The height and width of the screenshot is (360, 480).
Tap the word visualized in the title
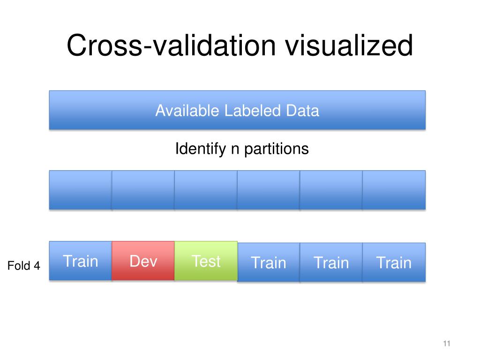coord(349,46)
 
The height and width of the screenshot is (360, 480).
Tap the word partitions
coord(277,149)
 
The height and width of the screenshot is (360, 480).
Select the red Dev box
coord(143,261)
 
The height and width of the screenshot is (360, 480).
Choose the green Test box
coord(206,261)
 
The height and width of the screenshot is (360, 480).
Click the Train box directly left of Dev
coord(81,261)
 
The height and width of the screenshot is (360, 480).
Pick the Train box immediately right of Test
coord(269,262)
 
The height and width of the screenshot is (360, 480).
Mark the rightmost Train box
coord(394,262)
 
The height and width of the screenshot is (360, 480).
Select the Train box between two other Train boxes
coord(331,262)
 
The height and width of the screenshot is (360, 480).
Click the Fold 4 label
coord(24,266)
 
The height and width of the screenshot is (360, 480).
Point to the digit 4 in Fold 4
coord(37,266)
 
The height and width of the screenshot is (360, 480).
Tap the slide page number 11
coord(446,344)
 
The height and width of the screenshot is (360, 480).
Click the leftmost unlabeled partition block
coord(81,189)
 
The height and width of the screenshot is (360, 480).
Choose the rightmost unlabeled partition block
coord(394,189)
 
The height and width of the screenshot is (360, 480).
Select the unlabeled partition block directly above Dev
coord(143,189)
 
